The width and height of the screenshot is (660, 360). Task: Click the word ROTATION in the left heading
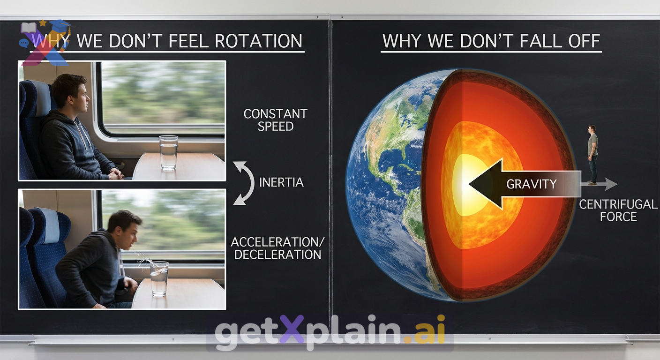pyautogui.click(x=259, y=41)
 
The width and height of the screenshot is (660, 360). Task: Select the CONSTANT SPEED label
pyautogui.click(x=276, y=120)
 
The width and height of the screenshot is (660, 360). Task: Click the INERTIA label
pyautogui.click(x=281, y=182)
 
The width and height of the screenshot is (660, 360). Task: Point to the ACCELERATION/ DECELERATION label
pyautogui.click(x=277, y=248)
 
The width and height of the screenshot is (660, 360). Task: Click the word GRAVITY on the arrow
pyautogui.click(x=532, y=184)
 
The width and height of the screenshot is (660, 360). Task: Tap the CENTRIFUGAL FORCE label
pyautogui.click(x=618, y=210)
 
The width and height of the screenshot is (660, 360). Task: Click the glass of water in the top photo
pyautogui.click(x=169, y=153)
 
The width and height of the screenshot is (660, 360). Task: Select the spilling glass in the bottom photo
pyautogui.click(x=159, y=279)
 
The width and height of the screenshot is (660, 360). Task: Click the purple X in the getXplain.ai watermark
pyautogui.click(x=292, y=333)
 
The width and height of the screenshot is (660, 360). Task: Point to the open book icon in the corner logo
pyautogui.click(x=29, y=28)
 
